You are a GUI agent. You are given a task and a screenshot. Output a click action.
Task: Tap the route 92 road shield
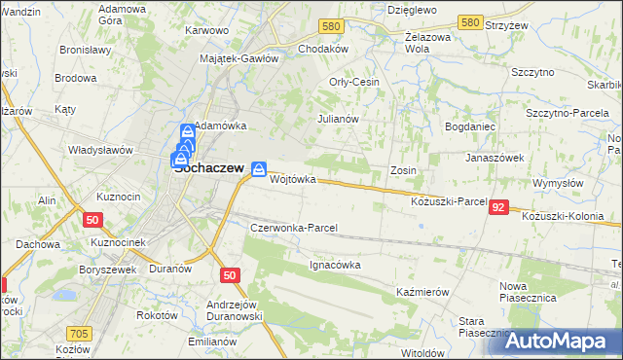tap(499, 207)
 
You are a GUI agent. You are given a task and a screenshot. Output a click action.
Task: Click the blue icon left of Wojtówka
tap(259, 169)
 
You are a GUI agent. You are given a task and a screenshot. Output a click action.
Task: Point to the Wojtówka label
tap(293, 179)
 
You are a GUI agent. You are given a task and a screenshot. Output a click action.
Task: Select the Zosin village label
tap(403, 170)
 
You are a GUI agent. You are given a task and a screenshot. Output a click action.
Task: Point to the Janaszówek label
tap(495, 157)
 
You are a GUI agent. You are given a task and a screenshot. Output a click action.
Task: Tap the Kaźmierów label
tap(421, 292)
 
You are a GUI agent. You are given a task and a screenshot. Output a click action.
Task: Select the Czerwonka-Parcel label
tap(293, 228)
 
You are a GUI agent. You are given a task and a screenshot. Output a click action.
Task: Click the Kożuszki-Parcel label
tap(449, 201)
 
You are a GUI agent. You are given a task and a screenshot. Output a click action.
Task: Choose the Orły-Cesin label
tap(354, 82)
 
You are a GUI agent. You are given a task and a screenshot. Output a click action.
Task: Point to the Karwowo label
tap(206, 30)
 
